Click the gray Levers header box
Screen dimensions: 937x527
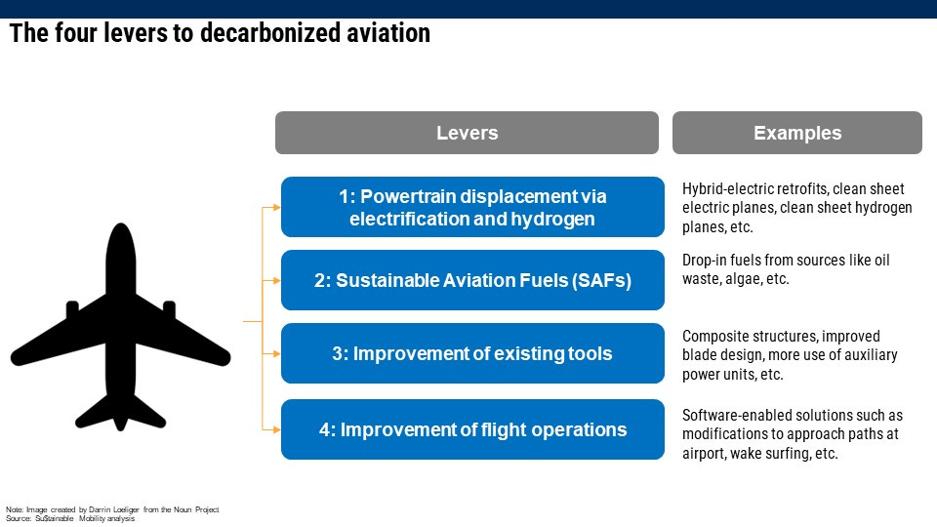467,133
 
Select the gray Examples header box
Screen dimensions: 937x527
797,133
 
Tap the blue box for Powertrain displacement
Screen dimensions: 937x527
472,207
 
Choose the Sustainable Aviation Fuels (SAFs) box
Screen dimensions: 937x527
472,280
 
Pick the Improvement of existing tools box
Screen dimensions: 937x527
472,353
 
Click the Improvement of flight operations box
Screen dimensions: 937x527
472,429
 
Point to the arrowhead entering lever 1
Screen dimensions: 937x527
276,207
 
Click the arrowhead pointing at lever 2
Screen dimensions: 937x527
276,280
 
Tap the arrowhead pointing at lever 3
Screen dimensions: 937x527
276,353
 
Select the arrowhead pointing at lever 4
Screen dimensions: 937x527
276,429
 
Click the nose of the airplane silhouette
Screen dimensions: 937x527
121,225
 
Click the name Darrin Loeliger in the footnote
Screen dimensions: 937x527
113,509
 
